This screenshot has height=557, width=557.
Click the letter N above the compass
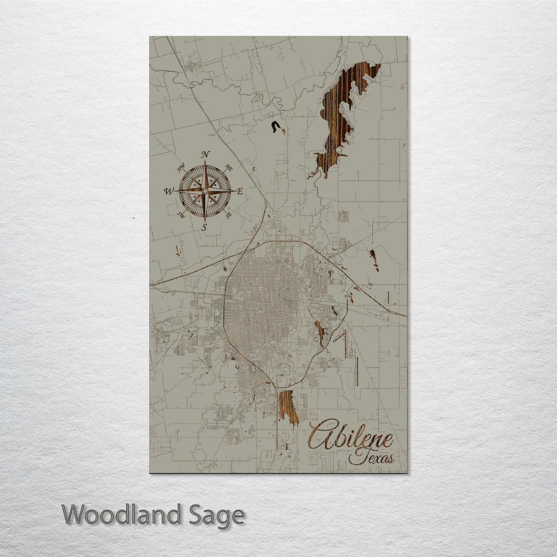[x=205, y=154]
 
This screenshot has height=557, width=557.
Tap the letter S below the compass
[x=205, y=227]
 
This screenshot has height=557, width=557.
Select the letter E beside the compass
[x=239, y=191]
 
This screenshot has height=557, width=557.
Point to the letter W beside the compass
[x=169, y=191]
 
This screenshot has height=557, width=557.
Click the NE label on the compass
[x=229, y=168]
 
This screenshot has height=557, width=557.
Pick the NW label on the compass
[x=181, y=168]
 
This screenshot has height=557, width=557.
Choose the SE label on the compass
[x=228, y=214]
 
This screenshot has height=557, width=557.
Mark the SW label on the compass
[x=181, y=215]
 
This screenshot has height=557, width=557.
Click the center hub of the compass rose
[x=205, y=191]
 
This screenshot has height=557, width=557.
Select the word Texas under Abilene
[x=371, y=457]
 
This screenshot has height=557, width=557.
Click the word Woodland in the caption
[x=122, y=515]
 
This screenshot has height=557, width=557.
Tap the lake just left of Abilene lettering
[x=287, y=406]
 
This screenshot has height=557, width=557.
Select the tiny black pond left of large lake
[x=277, y=126]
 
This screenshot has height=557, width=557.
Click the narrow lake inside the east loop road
[x=320, y=331]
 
